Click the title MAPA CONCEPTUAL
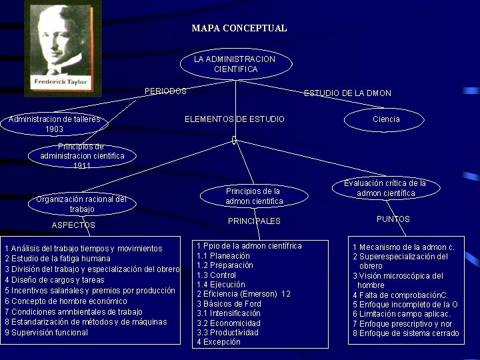[239, 28]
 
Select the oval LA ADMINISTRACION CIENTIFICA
[235, 64]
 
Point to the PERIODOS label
[165, 91]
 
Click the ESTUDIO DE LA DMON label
[347, 93]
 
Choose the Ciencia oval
[385, 119]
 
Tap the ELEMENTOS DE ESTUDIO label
[234, 119]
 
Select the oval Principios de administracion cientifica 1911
[82, 156]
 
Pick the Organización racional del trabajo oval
[82, 204]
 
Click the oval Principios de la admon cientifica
[254, 196]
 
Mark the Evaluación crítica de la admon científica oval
[385, 188]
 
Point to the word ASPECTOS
[73, 225]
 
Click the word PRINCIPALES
[254, 221]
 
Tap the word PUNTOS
[393, 219]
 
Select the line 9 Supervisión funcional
[47, 333]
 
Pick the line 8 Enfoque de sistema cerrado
[405, 333]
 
